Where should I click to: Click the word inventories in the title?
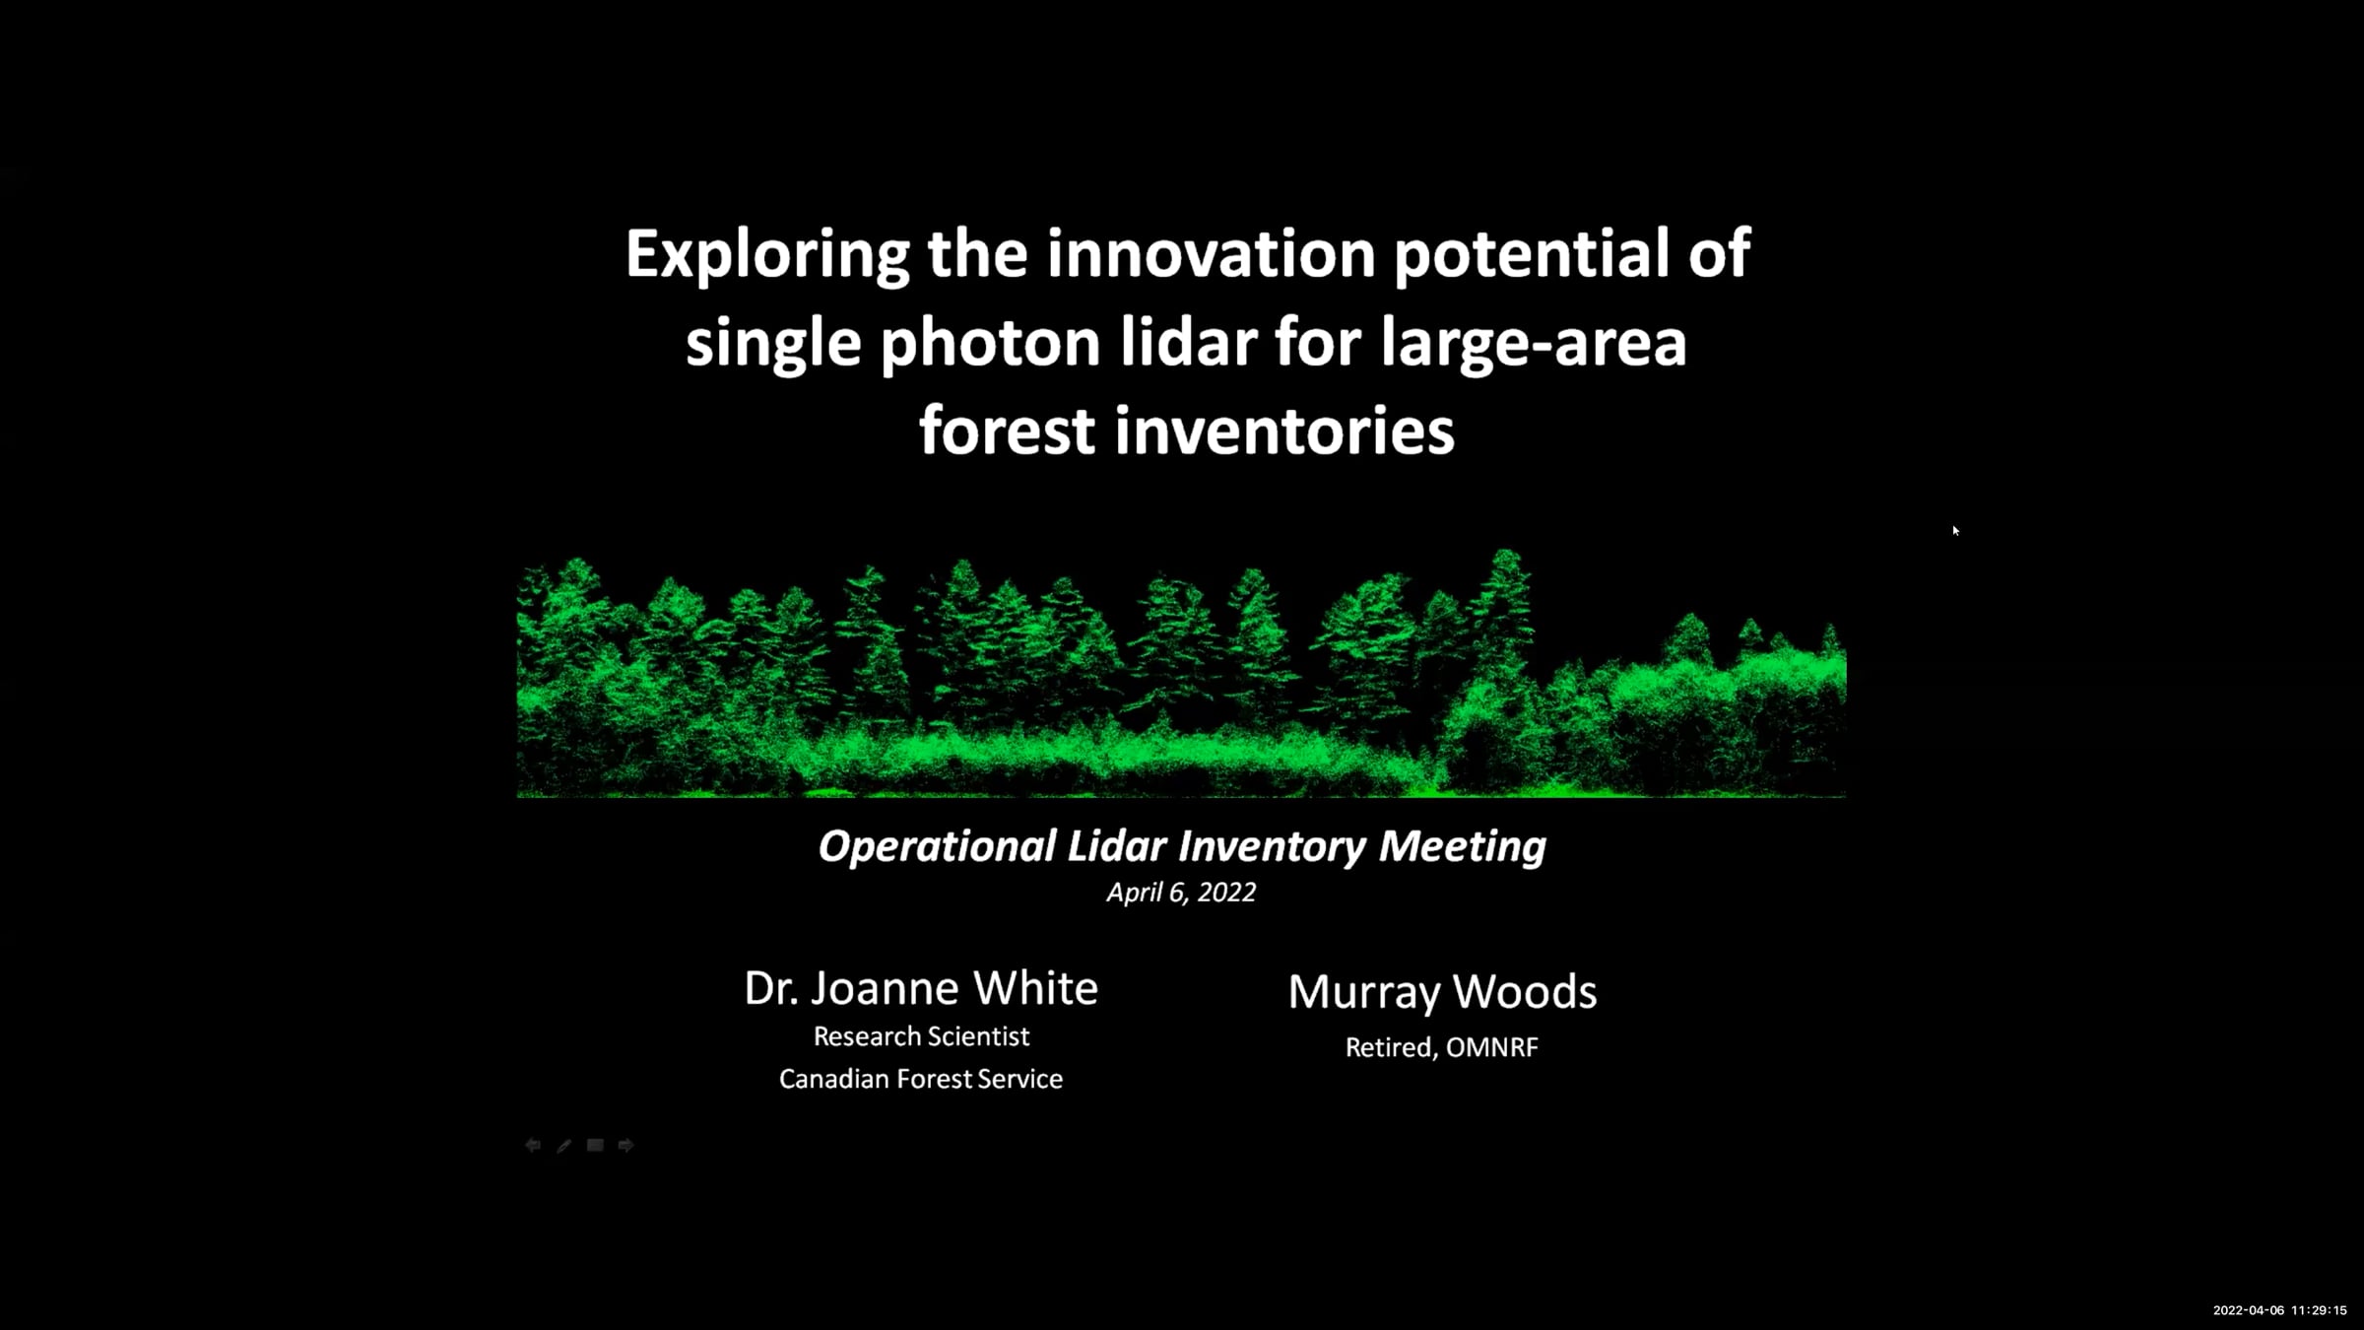point(1284,431)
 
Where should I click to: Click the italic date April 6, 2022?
point(1181,893)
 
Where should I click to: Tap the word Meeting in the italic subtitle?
point(1462,847)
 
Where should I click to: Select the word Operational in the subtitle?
point(937,847)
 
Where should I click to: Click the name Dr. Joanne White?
point(921,988)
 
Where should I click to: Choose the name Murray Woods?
point(1442,992)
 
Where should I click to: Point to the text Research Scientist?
point(921,1036)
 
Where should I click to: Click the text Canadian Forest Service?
point(921,1079)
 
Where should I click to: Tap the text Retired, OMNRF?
point(1442,1047)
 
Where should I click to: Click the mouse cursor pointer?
point(1955,531)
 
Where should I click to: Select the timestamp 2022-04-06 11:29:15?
point(2280,1310)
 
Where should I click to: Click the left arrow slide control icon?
point(533,1145)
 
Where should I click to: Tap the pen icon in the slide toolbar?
point(563,1145)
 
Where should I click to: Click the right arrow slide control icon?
point(625,1145)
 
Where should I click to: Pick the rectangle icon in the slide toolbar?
point(595,1145)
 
